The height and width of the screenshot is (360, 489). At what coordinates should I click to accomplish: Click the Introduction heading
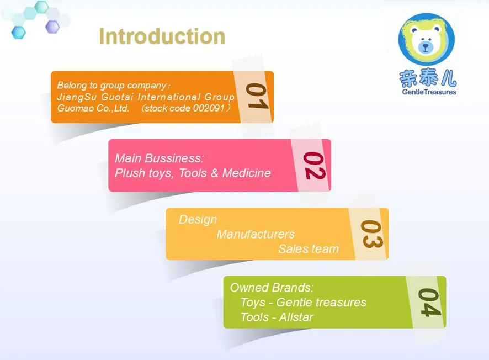[x=162, y=36]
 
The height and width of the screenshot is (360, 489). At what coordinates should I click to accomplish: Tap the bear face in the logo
[x=426, y=39]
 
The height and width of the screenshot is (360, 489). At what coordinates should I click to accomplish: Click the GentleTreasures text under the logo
[x=429, y=92]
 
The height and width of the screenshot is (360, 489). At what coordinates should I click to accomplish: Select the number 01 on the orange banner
[x=257, y=96]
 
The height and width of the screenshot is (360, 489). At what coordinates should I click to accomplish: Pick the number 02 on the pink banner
[x=315, y=166]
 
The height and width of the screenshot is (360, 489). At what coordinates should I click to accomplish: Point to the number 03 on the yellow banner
[x=371, y=234]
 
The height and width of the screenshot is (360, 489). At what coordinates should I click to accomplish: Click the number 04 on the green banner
[x=429, y=302]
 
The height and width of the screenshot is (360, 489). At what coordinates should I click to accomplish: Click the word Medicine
[x=246, y=173]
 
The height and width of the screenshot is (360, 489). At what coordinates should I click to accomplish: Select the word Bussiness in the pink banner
[x=174, y=158]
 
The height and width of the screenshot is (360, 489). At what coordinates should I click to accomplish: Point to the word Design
[x=198, y=220]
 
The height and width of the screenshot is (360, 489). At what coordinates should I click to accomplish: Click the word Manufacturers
[x=256, y=234]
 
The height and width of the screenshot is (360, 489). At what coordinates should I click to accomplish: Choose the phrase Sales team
[x=309, y=249]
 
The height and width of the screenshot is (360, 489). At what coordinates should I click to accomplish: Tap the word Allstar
[x=296, y=317]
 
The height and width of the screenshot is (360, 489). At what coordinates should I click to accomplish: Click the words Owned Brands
[x=272, y=288]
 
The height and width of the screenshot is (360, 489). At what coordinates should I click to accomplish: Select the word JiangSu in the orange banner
[x=77, y=97]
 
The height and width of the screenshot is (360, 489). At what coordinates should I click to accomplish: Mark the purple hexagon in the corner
[x=52, y=27]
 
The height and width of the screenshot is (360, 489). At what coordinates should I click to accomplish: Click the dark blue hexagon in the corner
[x=18, y=33]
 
